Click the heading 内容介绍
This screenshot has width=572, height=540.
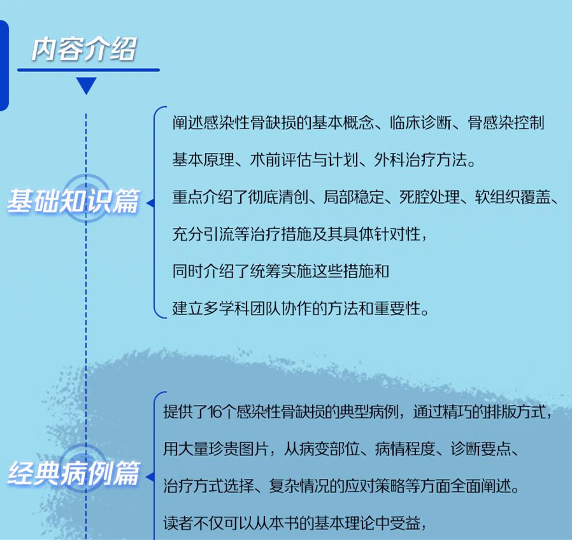pyautogui.click(x=85, y=49)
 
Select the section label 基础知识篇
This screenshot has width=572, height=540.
pyautogui.click(x=73, y=202)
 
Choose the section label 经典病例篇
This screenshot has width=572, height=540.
pyautogui.click(x=73, y=475)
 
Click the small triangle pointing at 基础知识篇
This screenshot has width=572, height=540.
pyautogui.click(x=151, y=204)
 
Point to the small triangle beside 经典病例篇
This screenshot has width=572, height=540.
pyautogui.click(x=150, y=477)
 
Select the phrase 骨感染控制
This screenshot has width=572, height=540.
pyautogui.click(x=506, y=123)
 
